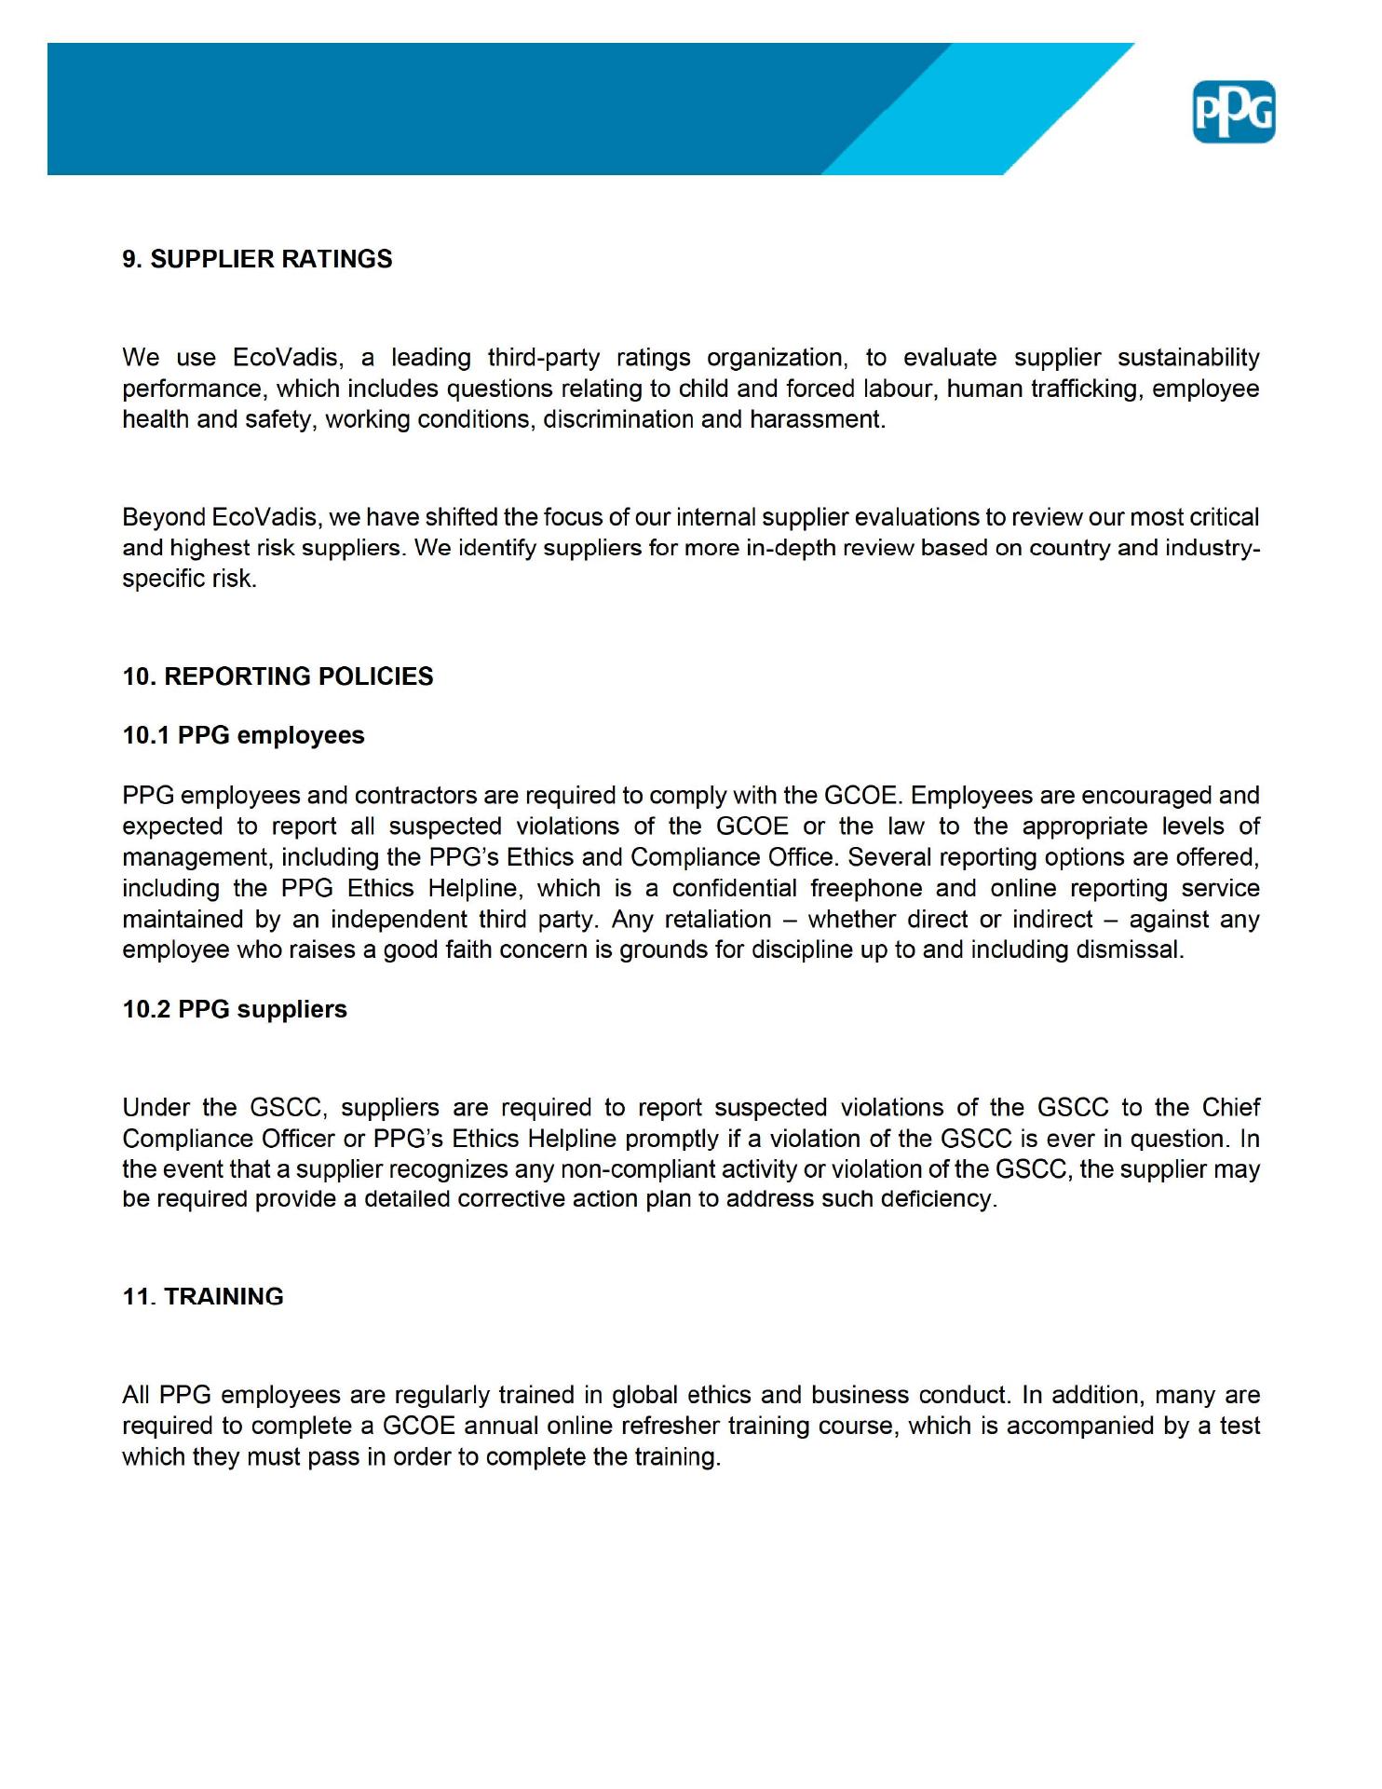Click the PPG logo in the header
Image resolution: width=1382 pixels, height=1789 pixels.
pos(1233,113)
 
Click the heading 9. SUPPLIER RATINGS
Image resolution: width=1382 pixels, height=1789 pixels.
pos(257,259)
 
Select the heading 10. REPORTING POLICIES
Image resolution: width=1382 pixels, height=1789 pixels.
pos(278,676)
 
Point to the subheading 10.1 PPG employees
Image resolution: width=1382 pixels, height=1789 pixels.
pos(243,735)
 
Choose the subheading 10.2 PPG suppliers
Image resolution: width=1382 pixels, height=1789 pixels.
pos(235,1009)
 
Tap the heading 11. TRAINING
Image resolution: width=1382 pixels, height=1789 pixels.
pos(203,1296)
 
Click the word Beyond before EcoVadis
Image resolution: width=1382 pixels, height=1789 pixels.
pos(164,517)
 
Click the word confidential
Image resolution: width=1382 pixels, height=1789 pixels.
pos(734,888)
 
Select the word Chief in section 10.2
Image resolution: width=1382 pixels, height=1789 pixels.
pos(1230,1108)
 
